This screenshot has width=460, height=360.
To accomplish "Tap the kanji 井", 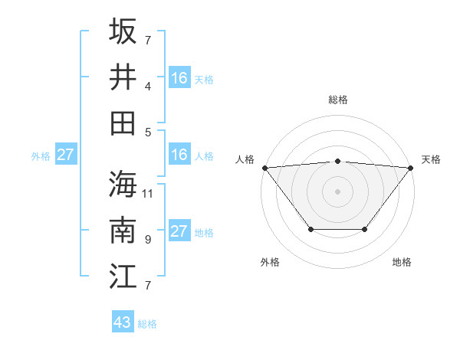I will pos(123,77).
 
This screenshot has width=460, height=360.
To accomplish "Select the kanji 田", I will pos(123,123).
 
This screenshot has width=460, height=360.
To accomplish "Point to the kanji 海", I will pos(123,184).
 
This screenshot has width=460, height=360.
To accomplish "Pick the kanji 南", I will pos(123,231).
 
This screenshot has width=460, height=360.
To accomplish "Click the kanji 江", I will pos(123,277).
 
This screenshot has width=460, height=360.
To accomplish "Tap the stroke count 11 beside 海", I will pos(148,193).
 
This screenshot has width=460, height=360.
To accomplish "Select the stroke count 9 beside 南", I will pos(147,240).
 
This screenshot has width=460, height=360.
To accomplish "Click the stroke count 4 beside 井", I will pos(147,86).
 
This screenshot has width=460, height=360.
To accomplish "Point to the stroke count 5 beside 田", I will pos(147,132).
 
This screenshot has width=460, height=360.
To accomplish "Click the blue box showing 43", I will pos(123,322).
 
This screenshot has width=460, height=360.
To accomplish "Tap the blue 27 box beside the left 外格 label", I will pos(65,155).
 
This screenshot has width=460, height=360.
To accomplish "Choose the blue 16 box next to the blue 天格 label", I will pos(179,77).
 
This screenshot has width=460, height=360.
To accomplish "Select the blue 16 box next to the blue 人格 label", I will pos(179,155).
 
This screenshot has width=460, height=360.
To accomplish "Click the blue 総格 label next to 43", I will pos(147,324).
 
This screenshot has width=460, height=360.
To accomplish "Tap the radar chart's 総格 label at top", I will pos(337,100).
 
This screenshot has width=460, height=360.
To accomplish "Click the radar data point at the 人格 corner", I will pos(264,168).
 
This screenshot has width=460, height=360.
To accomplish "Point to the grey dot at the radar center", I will pos(337,191).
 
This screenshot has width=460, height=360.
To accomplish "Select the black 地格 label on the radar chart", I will pos(402,263).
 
